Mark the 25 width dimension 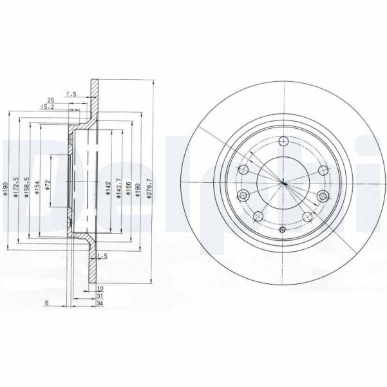(50, 100)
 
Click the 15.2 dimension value (46, 108)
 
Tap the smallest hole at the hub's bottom (282, 229)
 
